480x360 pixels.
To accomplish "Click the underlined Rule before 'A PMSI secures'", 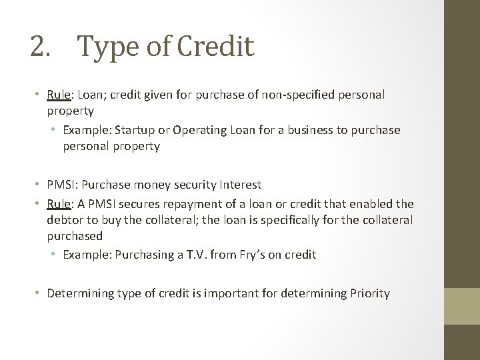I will point(59,203).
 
